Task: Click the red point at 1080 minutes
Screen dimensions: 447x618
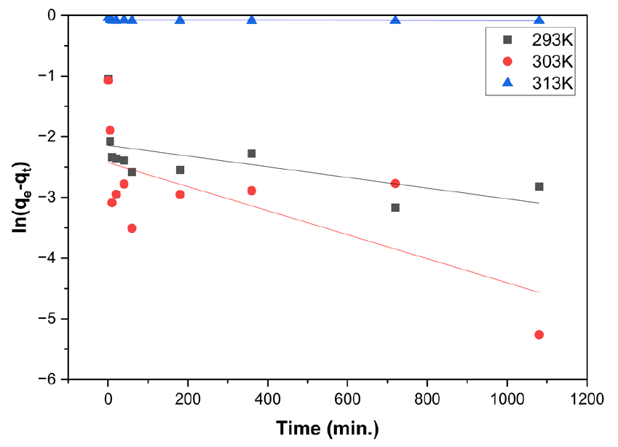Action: (539, 335)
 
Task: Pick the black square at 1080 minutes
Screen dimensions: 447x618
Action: (539, 187)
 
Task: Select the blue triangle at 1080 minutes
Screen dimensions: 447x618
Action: (539, 20)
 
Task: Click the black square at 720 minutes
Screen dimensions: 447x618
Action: (395, 207)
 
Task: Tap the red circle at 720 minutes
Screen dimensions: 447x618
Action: (395, 183)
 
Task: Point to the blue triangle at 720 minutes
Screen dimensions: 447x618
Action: (395, 20)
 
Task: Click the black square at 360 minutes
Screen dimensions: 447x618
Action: (252, 154)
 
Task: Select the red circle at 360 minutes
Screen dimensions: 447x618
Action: (252, 191)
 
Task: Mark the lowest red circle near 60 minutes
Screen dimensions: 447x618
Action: (132, 229)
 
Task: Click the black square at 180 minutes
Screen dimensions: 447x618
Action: (180, 170)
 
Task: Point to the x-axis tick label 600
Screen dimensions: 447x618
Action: (347, 399)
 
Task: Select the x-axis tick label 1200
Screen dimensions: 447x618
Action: (586, 399)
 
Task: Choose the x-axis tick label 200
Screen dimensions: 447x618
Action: (188, 399)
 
